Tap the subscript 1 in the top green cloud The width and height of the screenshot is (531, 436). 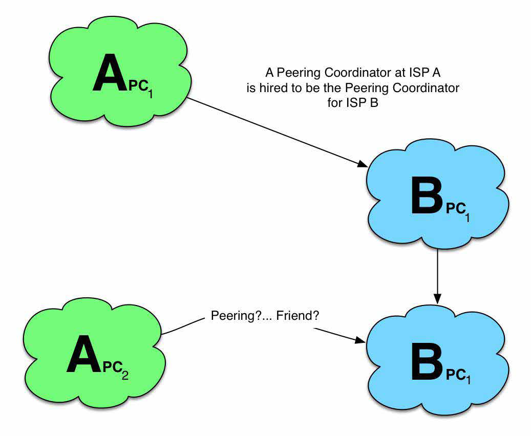click(x=150, y=94)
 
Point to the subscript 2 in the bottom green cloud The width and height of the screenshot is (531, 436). click(x=125, y=375)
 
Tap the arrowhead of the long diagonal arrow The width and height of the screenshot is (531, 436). click(x=363, y=164)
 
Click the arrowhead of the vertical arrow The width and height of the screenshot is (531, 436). click(x=437, y=298)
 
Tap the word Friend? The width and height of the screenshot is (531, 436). click(x=298, y=316)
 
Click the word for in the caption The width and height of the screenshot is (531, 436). click(x=334, y=102)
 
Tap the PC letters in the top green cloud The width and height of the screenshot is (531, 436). click(x=138, y=86)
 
